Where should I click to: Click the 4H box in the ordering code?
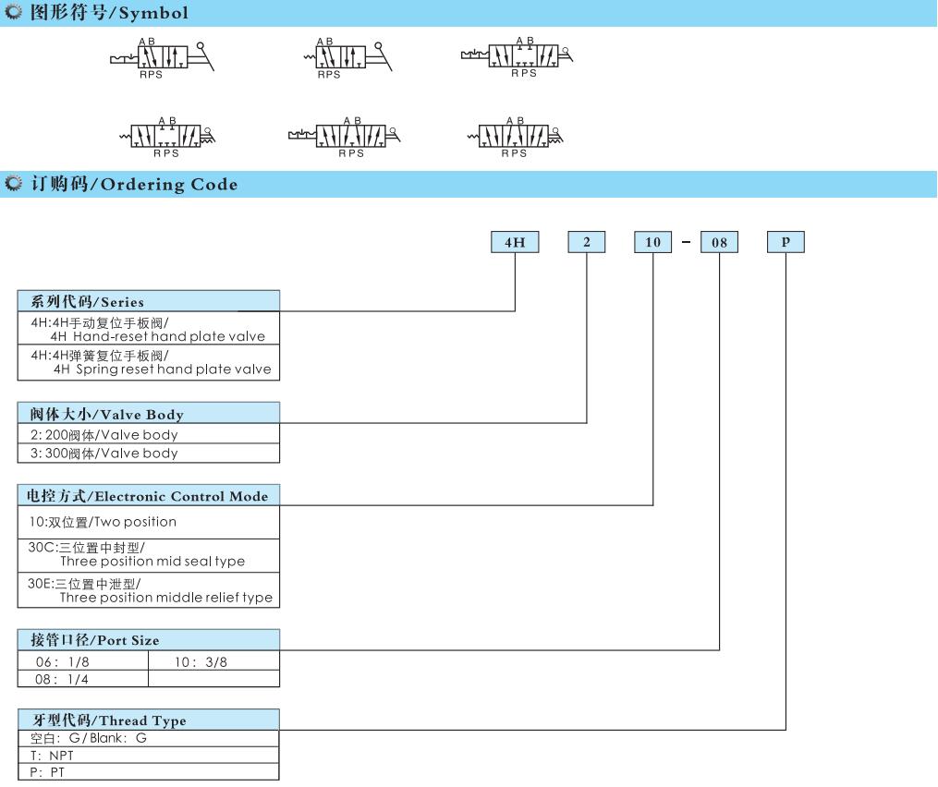point(515,242)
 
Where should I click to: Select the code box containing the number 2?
point(586,242)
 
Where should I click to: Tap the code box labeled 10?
point(652,242)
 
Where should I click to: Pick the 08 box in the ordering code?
point(719,242)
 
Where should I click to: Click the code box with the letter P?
point(786,242)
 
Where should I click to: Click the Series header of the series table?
point(149,301)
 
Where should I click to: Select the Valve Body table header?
point(149,413)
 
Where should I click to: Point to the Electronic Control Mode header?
point(149,496)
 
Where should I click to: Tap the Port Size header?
point(149,640)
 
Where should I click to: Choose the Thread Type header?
point(149,720)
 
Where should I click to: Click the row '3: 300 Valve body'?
point(149,454)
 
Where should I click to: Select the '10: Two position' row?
point(149,523)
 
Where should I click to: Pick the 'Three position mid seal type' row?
point(149,555)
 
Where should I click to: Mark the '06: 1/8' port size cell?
point(83,660)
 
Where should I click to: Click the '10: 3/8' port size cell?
point(213,660)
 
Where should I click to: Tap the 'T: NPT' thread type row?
point(149,756)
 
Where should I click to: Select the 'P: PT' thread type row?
point(149,772)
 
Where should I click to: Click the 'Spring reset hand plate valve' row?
point(149,362)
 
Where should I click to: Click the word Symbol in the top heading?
point(153,13)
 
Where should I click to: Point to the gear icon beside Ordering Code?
point(13,183)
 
